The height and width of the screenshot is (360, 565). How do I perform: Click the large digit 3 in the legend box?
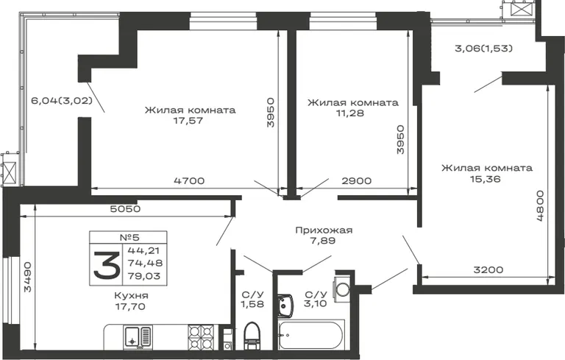(107, 266)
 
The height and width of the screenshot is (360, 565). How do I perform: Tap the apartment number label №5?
(129, 237)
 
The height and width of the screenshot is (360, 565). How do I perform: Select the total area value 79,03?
(144, 276)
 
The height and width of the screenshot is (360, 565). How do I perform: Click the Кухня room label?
(131, 295)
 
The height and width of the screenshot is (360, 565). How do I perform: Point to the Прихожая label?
(324, 230)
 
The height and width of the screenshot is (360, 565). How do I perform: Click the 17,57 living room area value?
(188, 121)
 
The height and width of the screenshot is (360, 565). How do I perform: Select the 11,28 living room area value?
(350, 113)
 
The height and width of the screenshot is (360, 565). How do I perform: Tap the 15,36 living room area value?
(486, 179)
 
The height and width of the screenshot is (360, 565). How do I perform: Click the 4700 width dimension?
(189, 180)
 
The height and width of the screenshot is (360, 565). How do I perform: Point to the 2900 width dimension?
(356, 180)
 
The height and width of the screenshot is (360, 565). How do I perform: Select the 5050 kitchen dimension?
(125, 209)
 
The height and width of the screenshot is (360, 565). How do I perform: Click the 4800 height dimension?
(540, 205)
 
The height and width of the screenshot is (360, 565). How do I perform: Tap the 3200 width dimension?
(488, 269)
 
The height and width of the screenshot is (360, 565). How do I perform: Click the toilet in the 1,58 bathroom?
(252, 336)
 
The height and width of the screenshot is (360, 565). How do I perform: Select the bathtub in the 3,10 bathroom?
(311, 334)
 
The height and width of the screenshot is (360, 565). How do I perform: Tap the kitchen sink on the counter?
(138, 337)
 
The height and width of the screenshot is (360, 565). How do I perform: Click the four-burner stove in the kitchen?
(201, 337)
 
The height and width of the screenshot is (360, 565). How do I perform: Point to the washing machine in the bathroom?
(342, 289)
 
